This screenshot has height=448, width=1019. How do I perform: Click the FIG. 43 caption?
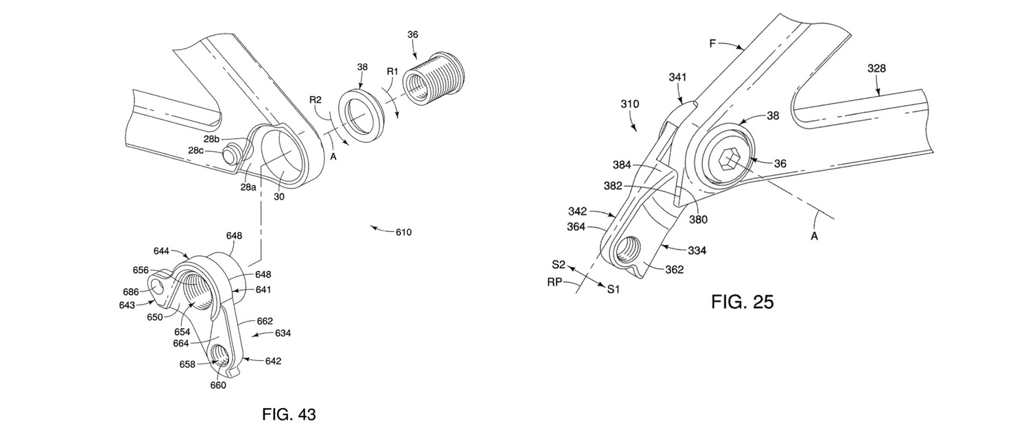[289, 414]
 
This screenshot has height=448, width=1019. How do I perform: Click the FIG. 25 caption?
[743, 302]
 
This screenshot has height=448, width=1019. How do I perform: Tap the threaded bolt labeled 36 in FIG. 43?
[434, 81]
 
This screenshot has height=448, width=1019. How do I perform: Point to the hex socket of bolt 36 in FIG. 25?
[728, 163]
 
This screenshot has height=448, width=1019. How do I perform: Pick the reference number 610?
[403, 232]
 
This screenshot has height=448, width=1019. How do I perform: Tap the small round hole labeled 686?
[156, 287]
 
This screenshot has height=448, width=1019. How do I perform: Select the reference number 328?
[876, 69]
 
